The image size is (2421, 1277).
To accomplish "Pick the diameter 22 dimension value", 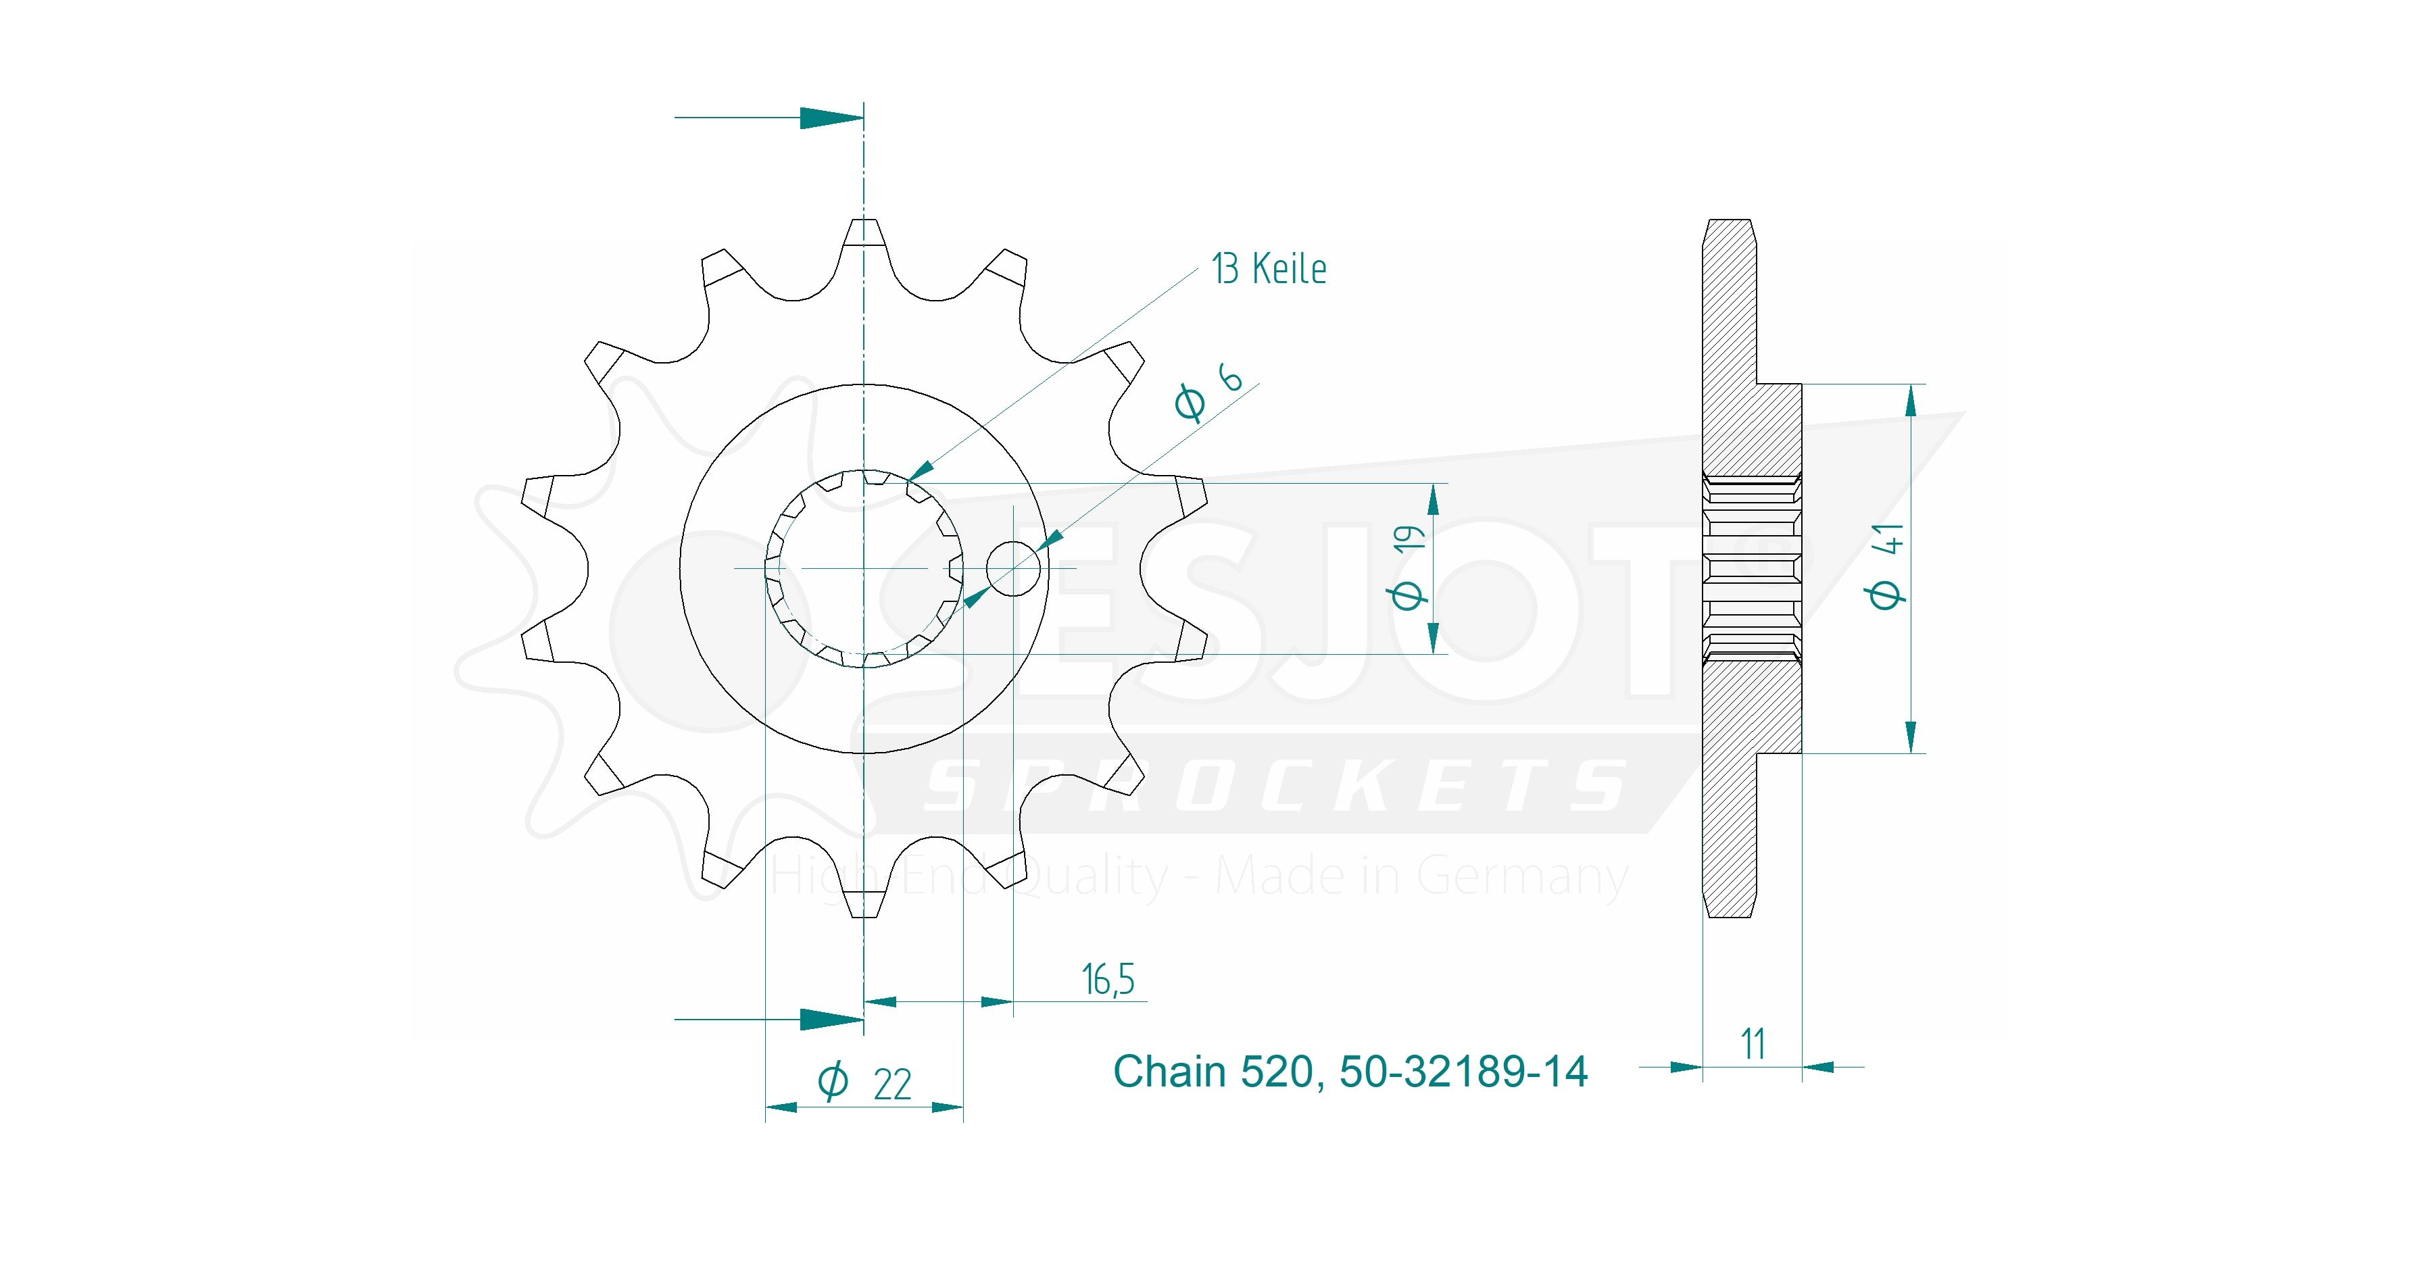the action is coord(864,1084).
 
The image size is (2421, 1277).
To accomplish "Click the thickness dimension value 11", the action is coord(1753,1044).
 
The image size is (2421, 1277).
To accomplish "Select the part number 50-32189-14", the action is coord(1463,1071).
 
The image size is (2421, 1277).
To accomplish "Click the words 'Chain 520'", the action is coord(1213,1071).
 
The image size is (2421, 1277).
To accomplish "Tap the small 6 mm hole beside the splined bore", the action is coord(1013,568).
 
